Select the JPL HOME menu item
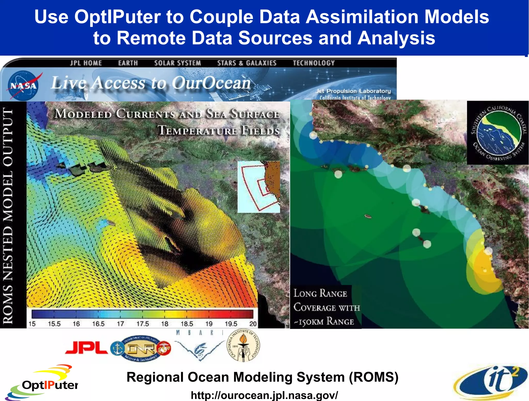click(86, 63)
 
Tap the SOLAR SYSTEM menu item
click(177, 63)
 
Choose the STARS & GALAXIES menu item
click(247, 63)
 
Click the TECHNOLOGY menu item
click(314, 63)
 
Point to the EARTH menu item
click(128, 63)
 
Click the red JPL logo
click(87, 348)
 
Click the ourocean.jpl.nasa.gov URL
click(264, 395)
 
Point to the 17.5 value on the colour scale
click(143, 324)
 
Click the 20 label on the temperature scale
click(253, 324)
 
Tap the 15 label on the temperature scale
click(32, 324)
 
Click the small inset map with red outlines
click(259, 187)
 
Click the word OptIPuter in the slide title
click(117, 17)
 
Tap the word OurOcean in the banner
click(211, 83)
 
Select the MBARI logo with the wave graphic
click(199, 346)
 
